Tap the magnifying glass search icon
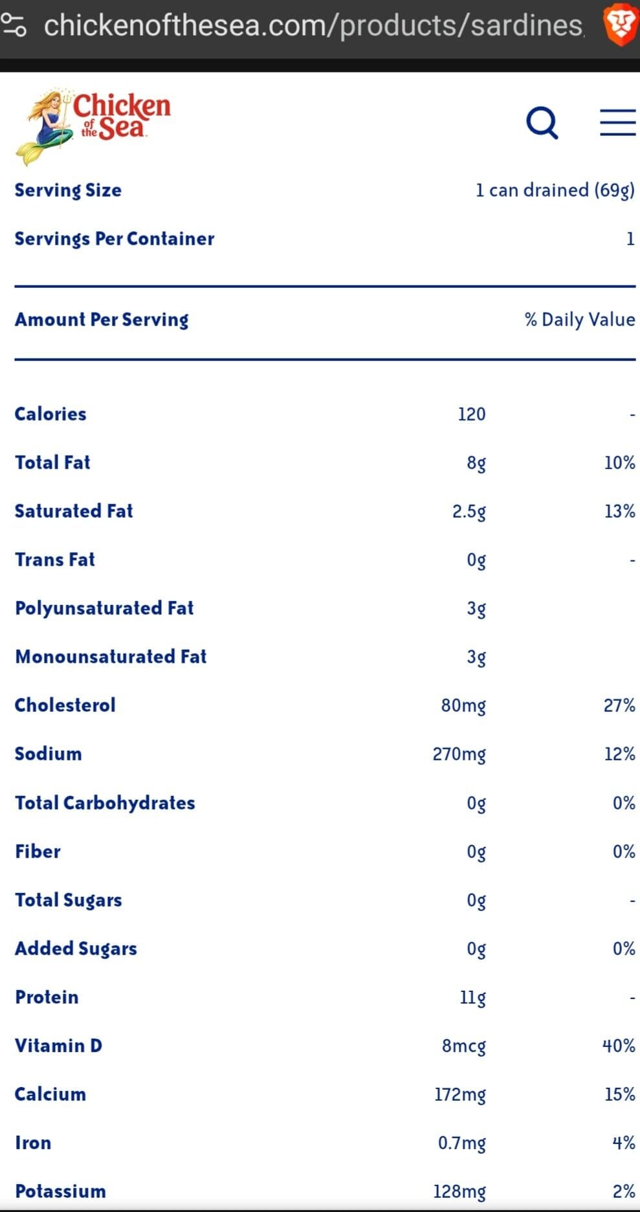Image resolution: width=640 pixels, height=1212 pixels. click(542, 122)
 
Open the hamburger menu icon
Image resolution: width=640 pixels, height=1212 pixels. click(617, 122)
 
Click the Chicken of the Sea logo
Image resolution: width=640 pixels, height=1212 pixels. click(93, 126)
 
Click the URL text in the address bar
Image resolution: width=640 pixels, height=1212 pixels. click(314, 25)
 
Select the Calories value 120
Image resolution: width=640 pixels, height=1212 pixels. click(472, 414)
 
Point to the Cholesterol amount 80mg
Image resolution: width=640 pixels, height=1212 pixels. click(463, 706)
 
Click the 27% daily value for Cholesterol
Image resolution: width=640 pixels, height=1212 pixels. click(619, 705)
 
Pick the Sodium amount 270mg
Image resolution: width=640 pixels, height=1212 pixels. click(459, 755)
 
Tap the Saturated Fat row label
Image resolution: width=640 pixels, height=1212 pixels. click(74, 511)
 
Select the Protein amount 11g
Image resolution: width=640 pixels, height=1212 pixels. click(473, 998)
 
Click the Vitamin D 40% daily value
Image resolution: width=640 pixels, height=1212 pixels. click(619, 1046)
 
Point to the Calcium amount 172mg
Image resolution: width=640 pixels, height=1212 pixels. click(460, 1095)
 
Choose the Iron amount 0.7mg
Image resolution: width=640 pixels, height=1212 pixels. click(462, 1143)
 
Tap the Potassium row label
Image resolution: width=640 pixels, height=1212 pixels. click(60, 1191)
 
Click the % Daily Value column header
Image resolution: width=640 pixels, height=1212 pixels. click(580, 320)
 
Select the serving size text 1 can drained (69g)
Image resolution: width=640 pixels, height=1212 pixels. click(555, 190)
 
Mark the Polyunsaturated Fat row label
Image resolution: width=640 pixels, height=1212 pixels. click(104, 608)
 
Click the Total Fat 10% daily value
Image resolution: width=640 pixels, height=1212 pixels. click(619, 463)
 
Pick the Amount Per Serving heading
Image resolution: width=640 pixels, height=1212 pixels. click(102, 320)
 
